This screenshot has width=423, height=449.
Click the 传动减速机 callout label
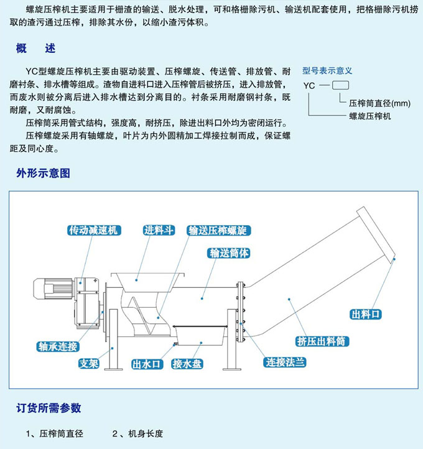[93, 230]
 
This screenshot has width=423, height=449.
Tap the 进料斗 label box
[158, 230]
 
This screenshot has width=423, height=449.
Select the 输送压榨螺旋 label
[217, 230]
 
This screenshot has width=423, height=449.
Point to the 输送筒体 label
[230, 253]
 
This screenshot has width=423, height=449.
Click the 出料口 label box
[365, 314]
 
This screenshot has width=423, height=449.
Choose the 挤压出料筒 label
[322, 341]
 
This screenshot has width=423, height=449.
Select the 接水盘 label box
[187, 364]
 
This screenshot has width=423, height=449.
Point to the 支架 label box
[88, 364]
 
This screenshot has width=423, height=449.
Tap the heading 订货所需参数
[49, 408]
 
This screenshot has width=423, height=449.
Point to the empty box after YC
[340, 85]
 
